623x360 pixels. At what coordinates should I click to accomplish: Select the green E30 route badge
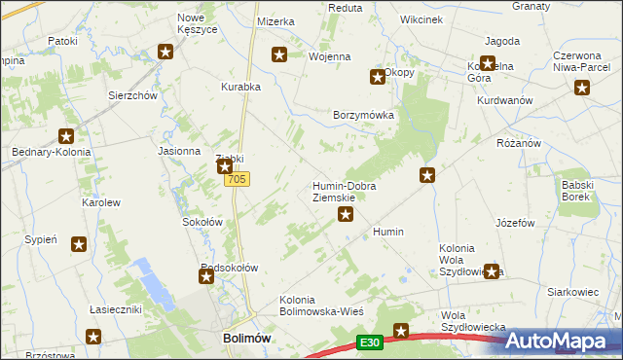point(368,342)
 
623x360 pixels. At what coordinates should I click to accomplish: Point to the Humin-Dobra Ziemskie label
point(344,192)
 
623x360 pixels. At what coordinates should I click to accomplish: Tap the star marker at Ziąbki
point(225,167)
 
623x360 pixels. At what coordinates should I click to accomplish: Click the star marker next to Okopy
point(377,77)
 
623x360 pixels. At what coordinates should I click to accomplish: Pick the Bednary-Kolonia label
point(52,153)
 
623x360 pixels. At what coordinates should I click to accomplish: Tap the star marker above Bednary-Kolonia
point(66,137)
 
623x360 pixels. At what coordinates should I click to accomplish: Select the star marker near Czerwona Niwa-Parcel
point(582,89)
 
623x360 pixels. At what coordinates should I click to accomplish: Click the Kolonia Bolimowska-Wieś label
point(321,305)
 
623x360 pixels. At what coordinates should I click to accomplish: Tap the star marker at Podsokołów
point(206,277)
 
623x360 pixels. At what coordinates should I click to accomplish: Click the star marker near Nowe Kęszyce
point(166,53)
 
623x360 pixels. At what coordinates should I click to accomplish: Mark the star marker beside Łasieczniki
point(92,337)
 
